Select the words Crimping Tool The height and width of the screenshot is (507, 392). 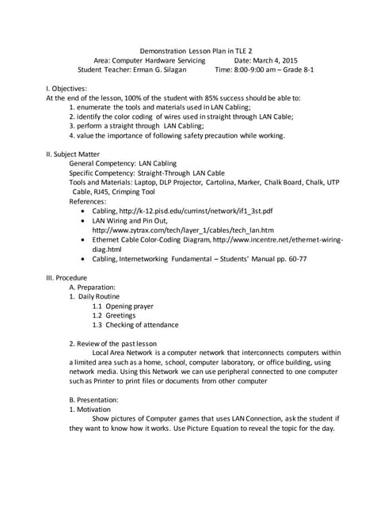[x=131, y=192]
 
